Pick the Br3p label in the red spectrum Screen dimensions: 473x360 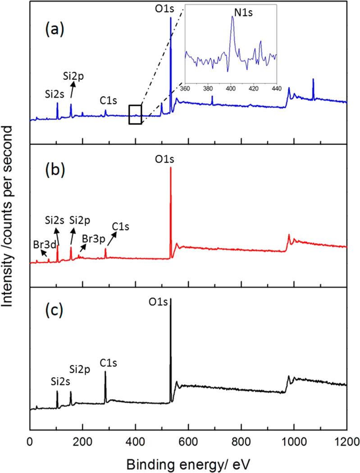(x=91, y=237)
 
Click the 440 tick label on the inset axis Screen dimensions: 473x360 (x=275, y=88)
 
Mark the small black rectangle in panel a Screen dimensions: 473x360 (x=135, y=114)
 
